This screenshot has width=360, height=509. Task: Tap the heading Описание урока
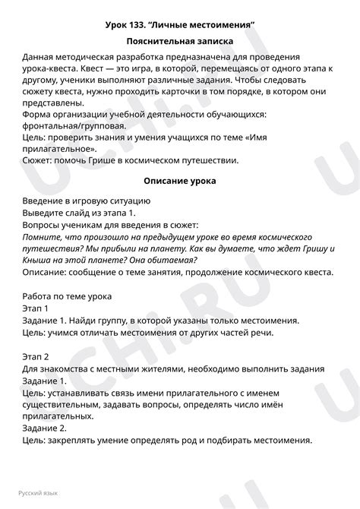point(180,182)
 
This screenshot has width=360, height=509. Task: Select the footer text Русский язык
point(42,492)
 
